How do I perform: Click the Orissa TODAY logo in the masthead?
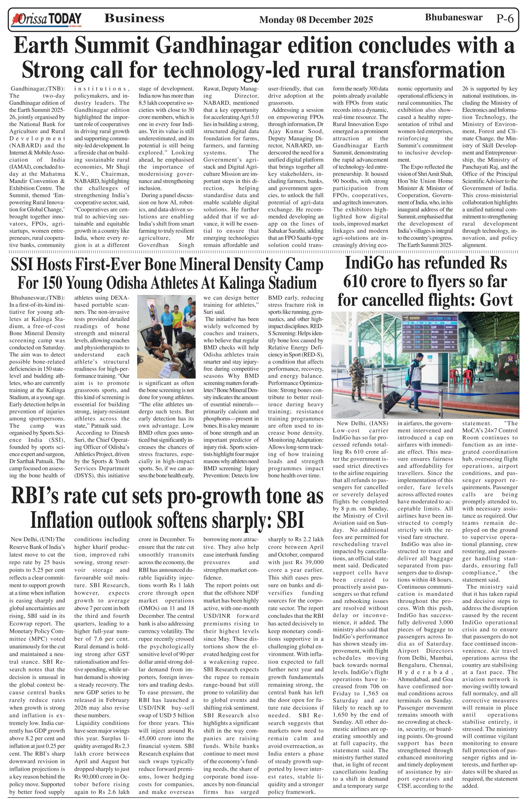46,19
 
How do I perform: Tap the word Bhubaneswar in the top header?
453,18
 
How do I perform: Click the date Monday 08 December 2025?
316,20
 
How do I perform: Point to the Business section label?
134,18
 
